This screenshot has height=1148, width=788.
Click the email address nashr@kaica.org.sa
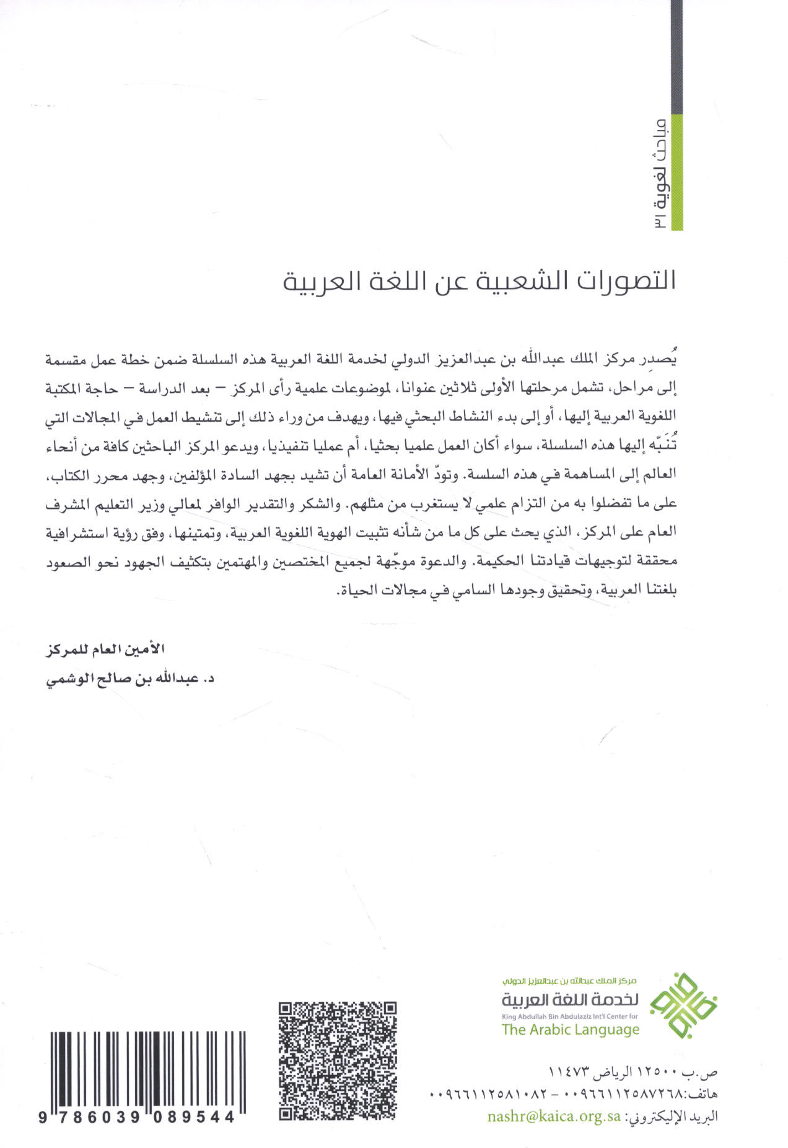tap(554, 1116)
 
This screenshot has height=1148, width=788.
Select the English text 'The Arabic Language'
tap(570, 1030)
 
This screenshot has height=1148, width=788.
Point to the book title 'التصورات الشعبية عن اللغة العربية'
tap(479, 282)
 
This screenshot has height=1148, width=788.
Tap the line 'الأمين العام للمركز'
tap(106, 650)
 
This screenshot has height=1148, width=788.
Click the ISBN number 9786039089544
tap(136, 1116)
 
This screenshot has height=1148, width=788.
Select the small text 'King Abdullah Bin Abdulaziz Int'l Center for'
tap(570, 1016)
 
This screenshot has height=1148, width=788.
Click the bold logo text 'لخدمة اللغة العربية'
tap(570, 999)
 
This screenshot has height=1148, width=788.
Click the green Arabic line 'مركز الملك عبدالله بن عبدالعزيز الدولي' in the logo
tap(570, 981)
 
